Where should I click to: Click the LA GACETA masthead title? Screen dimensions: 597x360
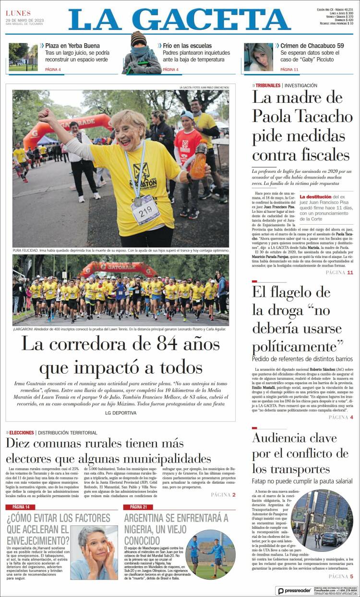180,20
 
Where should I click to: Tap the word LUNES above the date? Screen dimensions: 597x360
18,13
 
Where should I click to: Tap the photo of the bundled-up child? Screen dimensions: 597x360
142,54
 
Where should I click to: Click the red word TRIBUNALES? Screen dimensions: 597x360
268,85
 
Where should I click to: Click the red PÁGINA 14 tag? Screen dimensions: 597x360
21,507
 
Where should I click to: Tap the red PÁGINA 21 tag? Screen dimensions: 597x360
138,507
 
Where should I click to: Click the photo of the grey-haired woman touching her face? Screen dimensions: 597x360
94,552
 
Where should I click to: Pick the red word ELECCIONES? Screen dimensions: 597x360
21,433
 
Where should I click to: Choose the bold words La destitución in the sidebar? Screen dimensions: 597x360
315,197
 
